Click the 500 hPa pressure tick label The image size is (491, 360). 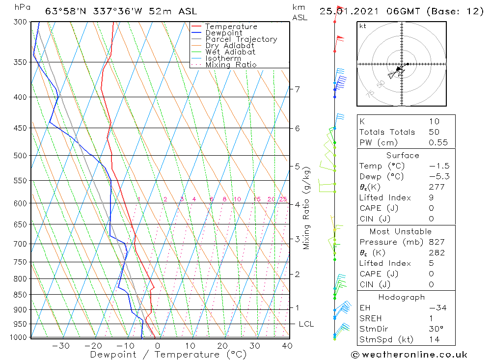20,156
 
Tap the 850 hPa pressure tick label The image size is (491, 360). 20,295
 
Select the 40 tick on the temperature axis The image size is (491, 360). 287,346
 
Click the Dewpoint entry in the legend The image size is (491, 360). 223,33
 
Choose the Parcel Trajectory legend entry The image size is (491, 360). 241,39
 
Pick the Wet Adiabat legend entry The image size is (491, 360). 230,52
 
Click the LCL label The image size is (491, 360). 306,324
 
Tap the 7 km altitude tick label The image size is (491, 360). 297,89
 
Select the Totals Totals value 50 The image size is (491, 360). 434,132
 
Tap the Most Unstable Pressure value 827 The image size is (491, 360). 436,242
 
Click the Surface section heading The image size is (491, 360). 403,156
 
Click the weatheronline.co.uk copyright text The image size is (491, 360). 409,355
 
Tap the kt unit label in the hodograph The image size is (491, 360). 363,26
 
